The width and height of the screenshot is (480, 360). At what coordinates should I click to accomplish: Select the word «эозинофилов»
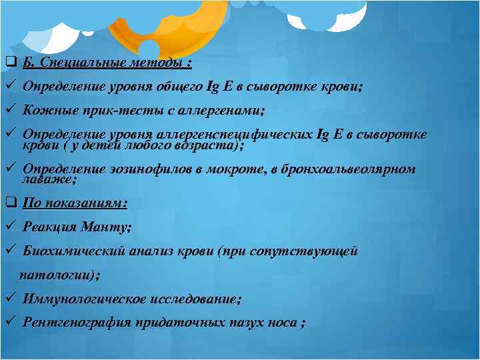149,169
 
